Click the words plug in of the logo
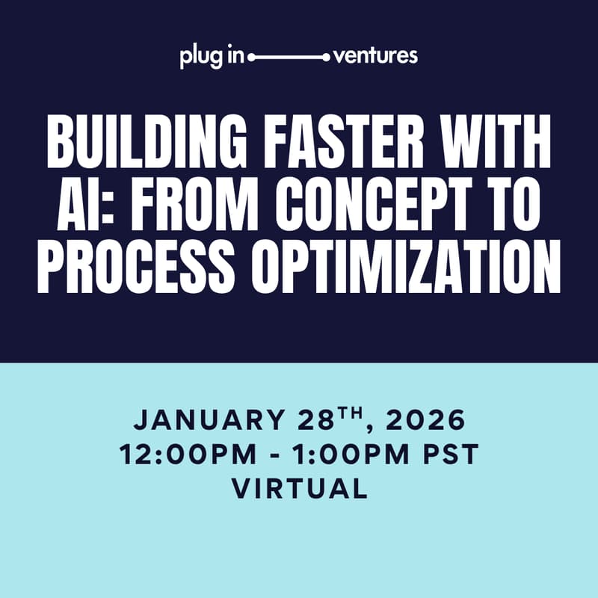212,57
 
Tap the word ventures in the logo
375,56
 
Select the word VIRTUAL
299,489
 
